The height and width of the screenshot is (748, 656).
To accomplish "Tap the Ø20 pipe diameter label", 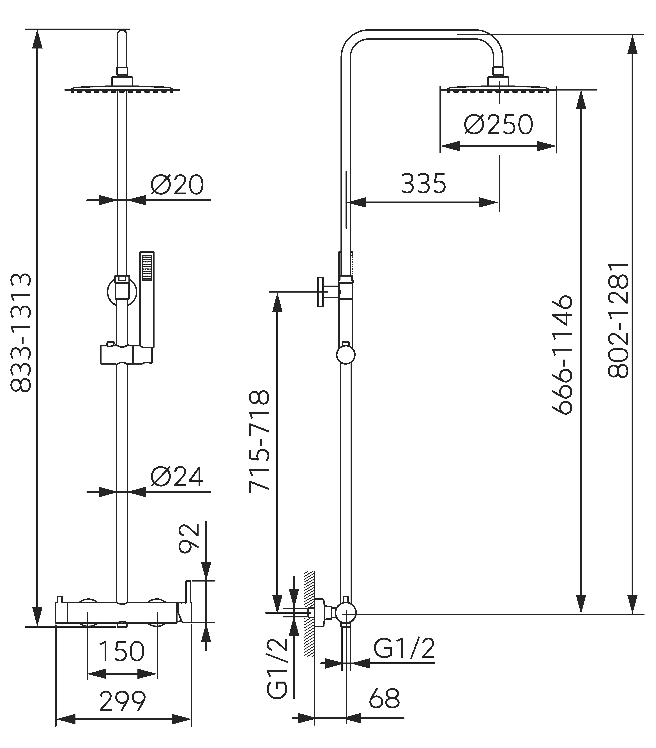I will click(177, 185).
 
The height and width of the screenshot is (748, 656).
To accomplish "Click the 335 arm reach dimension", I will click(423, 184).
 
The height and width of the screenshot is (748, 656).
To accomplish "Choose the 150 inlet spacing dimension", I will click(122, 652).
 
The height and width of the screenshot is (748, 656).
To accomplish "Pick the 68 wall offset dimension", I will click(384, 699).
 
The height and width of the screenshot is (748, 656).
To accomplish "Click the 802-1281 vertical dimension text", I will click(619, 320).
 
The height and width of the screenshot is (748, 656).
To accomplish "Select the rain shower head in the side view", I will click(498, 88).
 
